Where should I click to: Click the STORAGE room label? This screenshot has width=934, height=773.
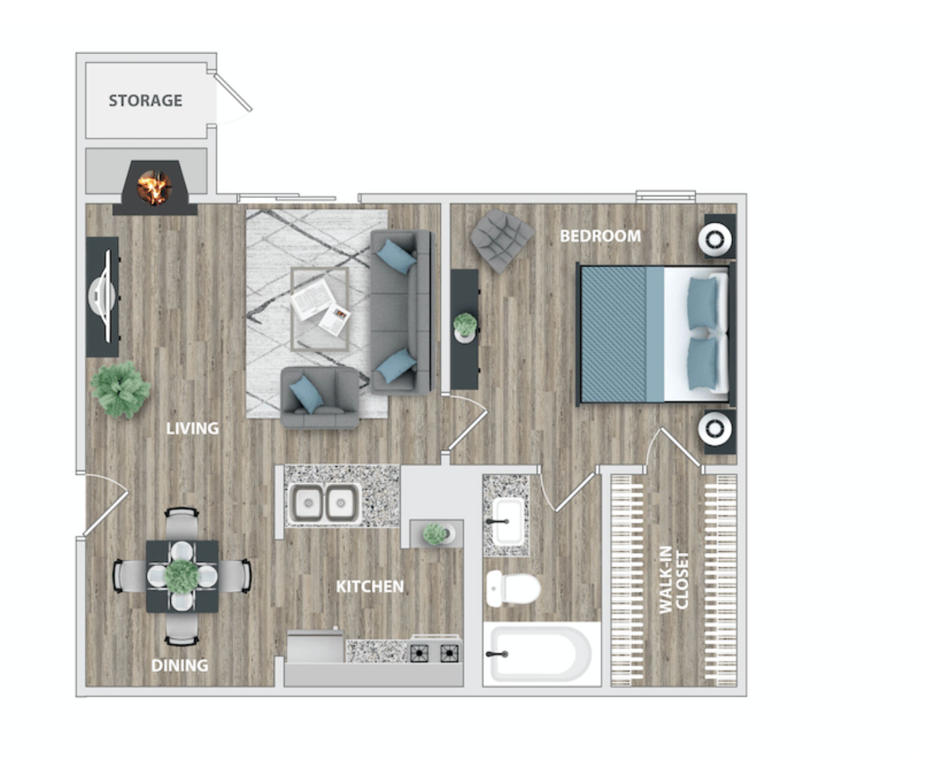click(x=145, y=101)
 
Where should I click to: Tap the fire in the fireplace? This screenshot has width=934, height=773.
click(x=155, y=187)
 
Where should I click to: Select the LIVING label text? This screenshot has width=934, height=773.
click(x=192, y=428)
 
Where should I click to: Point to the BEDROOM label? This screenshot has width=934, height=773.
click(x=600, y=236)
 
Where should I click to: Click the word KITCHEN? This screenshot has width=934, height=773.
click(x=370, y=586)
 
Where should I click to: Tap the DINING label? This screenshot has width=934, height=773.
click(x=180, y=665)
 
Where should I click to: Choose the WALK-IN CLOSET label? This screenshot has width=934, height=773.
click(x=674, y=580)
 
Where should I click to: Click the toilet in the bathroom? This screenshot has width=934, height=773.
click(x=513, y=588)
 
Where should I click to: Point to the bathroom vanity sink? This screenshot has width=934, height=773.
click(x=507, y=521)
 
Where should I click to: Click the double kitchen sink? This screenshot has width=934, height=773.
click(x=324, y=503)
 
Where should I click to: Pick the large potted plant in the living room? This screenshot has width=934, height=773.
click(x=120, y=389)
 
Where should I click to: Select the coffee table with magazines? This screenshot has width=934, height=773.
click(x=320, y=309)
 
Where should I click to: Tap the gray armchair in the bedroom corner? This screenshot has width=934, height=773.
click(x=502, y=240)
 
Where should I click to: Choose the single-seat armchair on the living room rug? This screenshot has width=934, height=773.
click(x=320, y=398)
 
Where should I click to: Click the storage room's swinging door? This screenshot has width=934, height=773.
click(x=233, y=92)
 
